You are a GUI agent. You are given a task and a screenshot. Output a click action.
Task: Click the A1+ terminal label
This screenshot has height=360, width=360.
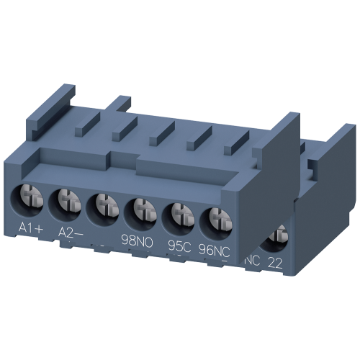[30, 230]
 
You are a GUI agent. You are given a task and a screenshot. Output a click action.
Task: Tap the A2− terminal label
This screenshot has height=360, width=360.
[70, 233]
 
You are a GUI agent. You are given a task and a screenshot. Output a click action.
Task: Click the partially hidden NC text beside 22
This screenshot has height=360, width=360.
[253, 259]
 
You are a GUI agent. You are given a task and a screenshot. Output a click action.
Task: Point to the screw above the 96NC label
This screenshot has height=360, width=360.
[214, 218]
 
